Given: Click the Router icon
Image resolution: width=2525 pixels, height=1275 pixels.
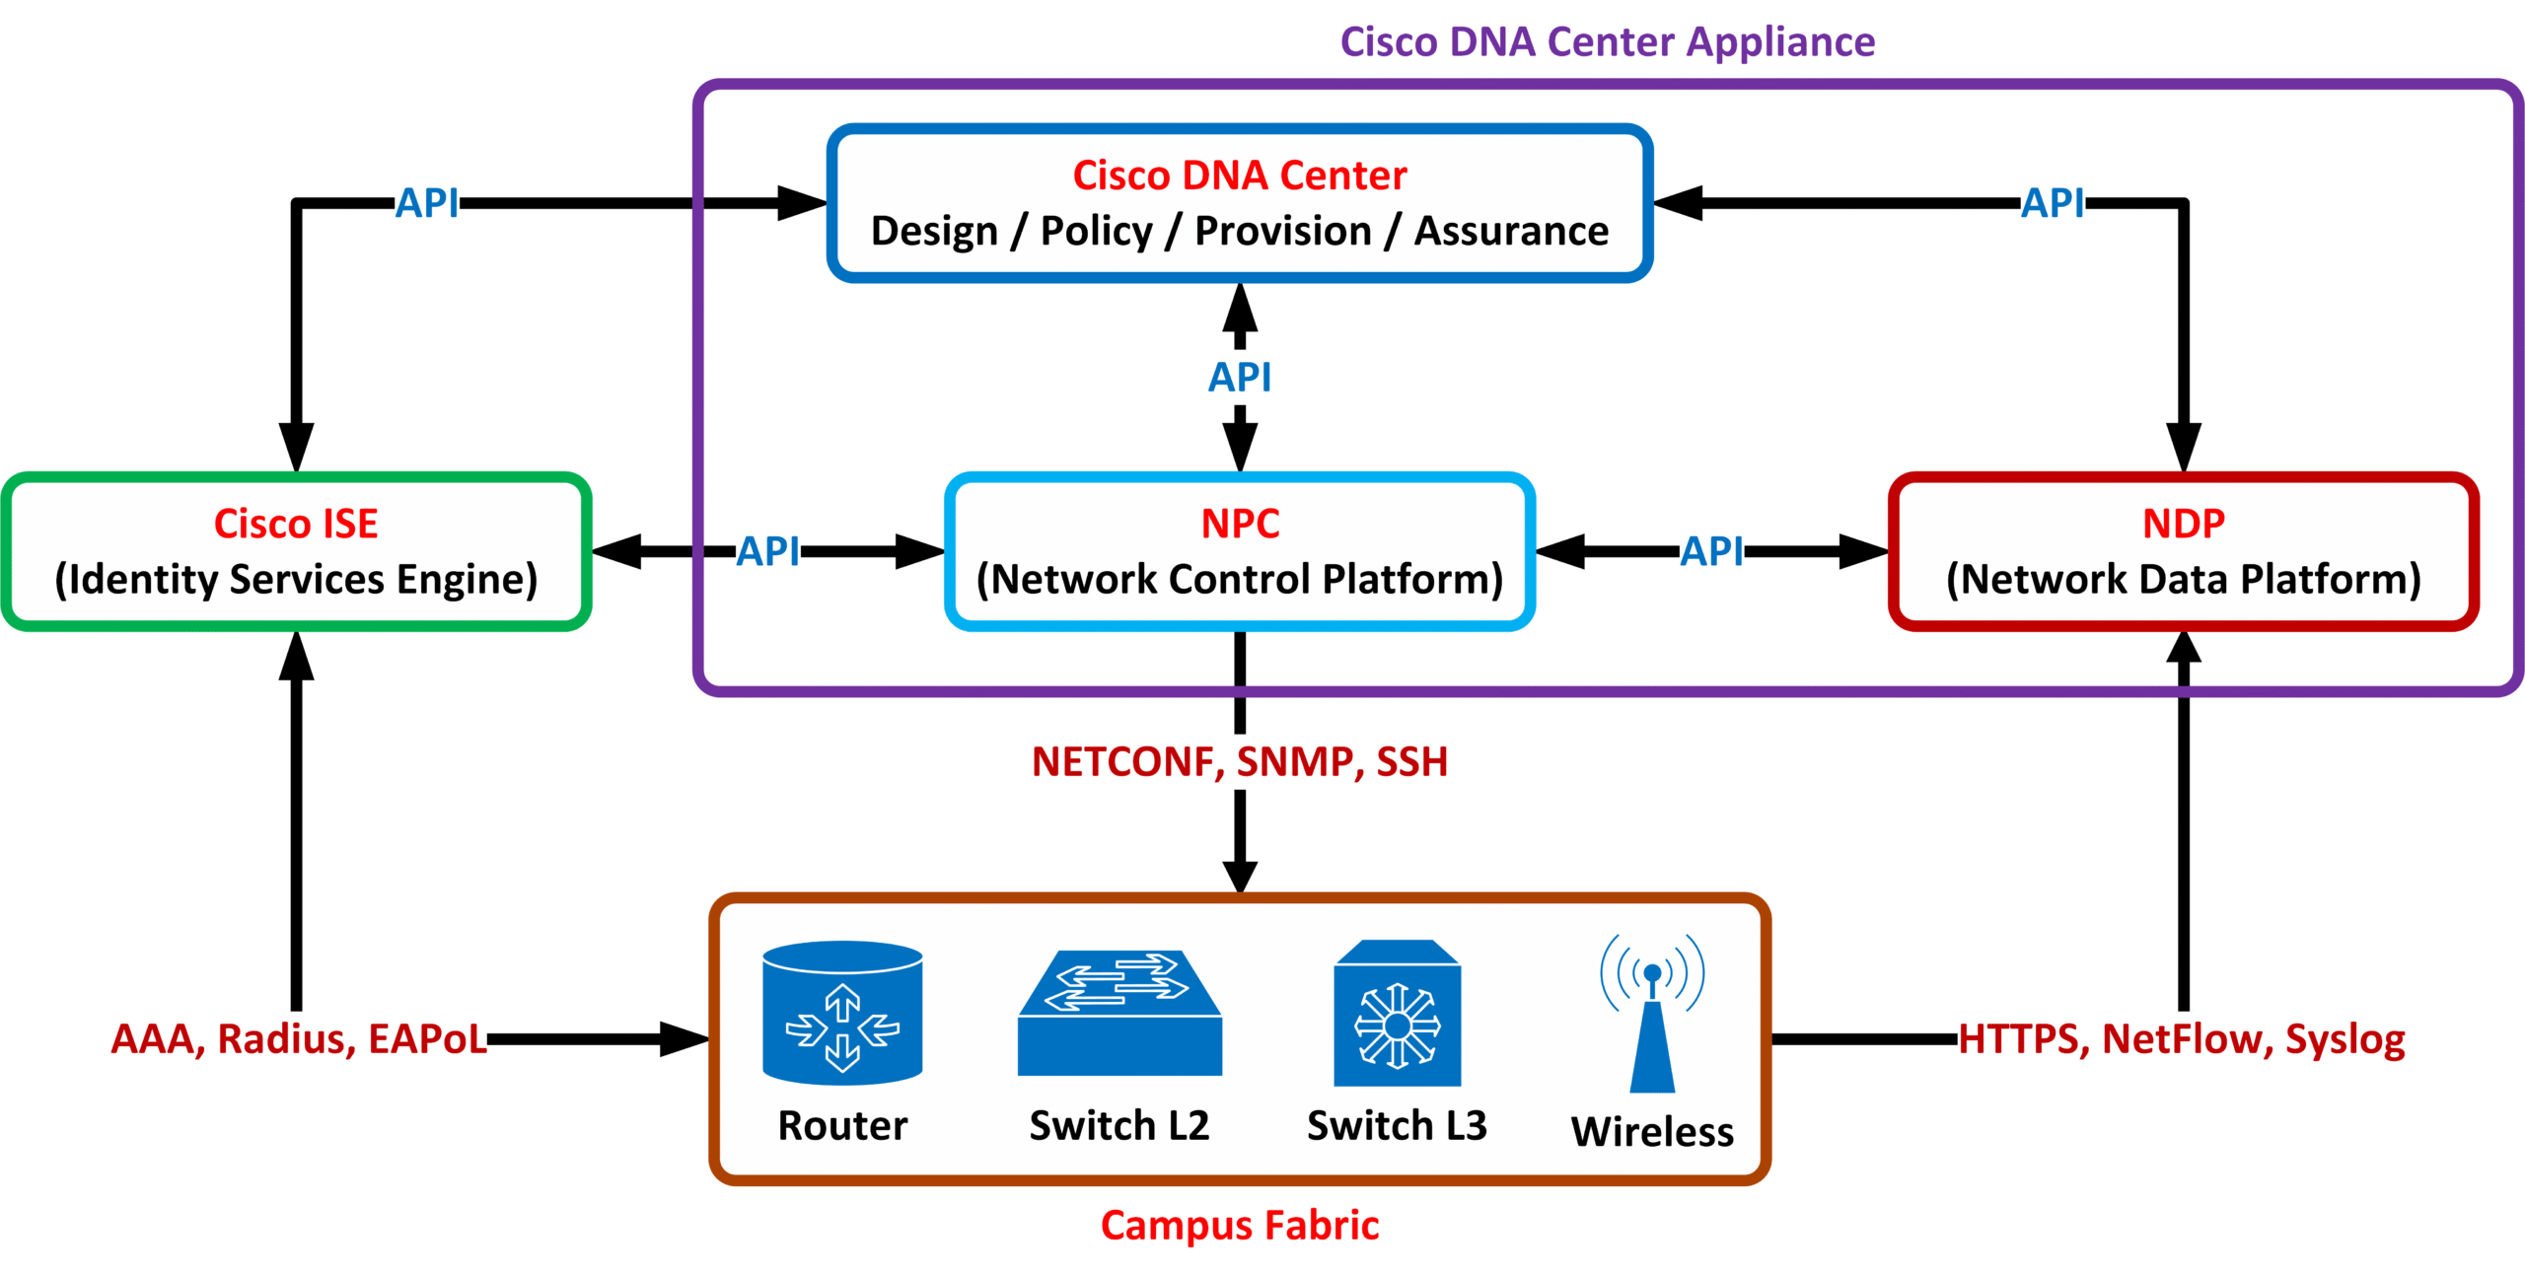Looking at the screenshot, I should pyautogui.click(x=842, y=1013).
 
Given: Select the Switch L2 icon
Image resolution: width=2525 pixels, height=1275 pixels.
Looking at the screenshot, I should pyautogui.click(x=1119, y=1013).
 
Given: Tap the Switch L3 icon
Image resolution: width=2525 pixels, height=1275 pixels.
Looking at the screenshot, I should pyautogui.click(x=1397, y=1014).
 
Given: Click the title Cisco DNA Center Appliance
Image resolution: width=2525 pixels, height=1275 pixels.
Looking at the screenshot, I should pyautogui.click(x=1607, y=42).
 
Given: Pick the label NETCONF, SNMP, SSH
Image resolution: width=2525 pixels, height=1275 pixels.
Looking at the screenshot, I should pyautogui.click(x=1239, y=762).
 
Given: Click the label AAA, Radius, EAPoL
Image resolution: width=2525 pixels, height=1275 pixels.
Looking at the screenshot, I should pyautogui.click(x=298, y=1039).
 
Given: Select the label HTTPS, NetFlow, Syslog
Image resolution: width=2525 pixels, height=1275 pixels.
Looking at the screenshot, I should pyautogui.click(x=2181, y=1039).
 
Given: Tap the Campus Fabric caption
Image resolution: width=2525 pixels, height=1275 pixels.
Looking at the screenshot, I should pyautogui.click(x=1239, y=1226).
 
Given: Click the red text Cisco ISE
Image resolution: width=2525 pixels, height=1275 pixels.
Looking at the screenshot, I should pyautogui.click(x=296, y=524).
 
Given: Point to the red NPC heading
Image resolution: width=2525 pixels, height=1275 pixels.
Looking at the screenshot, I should pyautogui.click(x=1240, y=524).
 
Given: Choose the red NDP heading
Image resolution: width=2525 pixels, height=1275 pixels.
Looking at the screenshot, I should pyautogui.click(x=2183, y=524).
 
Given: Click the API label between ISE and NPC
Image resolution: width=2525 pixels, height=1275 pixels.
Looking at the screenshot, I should pyautogui.click(x=768, y=551).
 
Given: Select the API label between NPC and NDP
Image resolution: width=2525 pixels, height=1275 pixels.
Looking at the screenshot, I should pyautogui.click(x=1711, y=551).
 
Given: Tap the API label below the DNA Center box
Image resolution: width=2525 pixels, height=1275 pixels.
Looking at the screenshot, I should pyautogui.click(x=1240, y=378).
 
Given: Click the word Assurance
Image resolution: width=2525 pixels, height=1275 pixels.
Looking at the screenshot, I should pyautogui.click(x=1511, y=232).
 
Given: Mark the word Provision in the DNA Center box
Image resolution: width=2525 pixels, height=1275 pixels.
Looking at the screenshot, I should pyautogui.click(x=1282, y=232).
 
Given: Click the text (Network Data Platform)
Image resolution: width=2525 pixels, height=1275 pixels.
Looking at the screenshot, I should pyautogui.click(x=2183, y=579).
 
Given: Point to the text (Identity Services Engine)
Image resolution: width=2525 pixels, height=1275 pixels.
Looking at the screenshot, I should pyautogui.click(x=296, y=579).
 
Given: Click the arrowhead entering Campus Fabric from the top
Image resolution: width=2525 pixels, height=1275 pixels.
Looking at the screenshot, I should pyautogui.click(x=1240, y=877).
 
